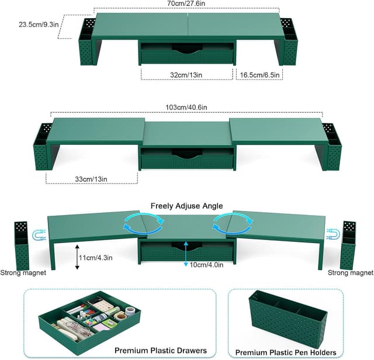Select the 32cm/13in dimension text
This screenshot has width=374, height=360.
click(188, 75)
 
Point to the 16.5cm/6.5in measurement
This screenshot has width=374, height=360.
click(259, 75)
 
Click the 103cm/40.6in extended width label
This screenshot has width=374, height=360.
click(186, 108)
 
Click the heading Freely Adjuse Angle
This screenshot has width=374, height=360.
click(186, 206)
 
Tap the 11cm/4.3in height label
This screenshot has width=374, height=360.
click(98, 256)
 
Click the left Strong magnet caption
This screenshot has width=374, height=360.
click(23, 273)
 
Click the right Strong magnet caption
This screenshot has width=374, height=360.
click(351, 273)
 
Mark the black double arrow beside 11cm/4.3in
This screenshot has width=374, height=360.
click(77, 256)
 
